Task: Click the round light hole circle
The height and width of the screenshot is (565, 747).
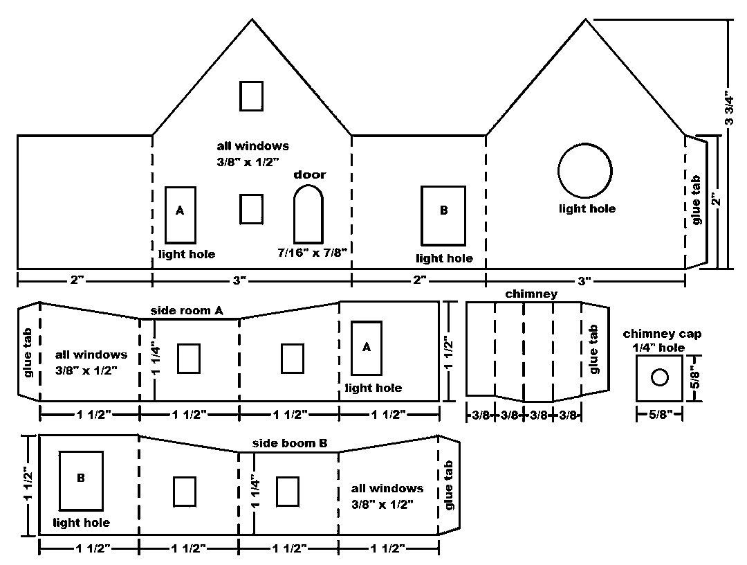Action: (x=585, y=171)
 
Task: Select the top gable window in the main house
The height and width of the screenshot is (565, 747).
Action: (x=251, y=96)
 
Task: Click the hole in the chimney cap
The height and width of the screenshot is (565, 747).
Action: (x=660, y=377)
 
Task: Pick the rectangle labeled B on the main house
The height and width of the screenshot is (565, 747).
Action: (x=443, y=214)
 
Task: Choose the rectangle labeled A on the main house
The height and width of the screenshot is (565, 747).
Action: (x=180, y=214)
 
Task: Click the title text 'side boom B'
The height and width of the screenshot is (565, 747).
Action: (x=290, y=443)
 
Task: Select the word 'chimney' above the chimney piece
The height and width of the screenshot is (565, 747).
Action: (x=531, y=294)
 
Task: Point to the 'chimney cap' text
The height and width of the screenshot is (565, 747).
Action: (x=662, y=334)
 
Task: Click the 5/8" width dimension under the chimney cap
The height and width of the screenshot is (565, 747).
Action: (x=660, y=415)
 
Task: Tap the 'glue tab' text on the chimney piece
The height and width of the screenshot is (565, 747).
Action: (x=593, y=350)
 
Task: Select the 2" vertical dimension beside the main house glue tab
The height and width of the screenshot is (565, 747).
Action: (x=715, y=201)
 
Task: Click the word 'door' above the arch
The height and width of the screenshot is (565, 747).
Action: (x=309, y=174)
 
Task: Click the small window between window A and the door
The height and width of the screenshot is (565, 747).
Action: (x=251, y=208)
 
